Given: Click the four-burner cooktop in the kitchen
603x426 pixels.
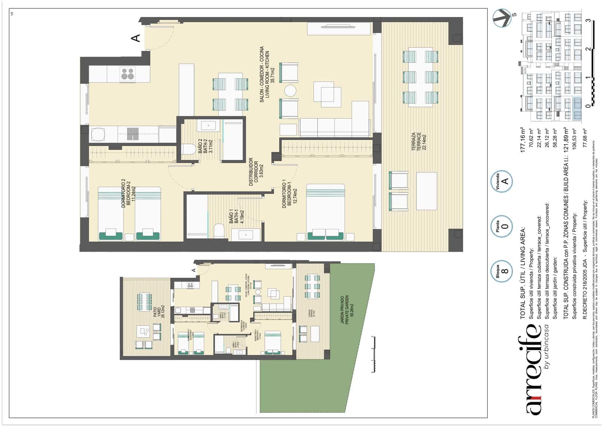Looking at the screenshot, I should point(127,74).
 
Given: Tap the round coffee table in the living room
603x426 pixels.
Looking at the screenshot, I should point(291,91).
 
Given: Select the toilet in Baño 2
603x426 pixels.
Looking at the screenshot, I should point(188,150).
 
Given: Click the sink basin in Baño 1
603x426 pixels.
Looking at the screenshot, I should point(246,235).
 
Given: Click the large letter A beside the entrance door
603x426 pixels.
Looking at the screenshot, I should point(136,38).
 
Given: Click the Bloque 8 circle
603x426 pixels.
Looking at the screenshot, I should point(501,271).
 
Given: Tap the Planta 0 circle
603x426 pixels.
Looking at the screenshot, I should point(501,226).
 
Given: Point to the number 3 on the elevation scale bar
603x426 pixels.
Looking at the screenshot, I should point(588,20).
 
